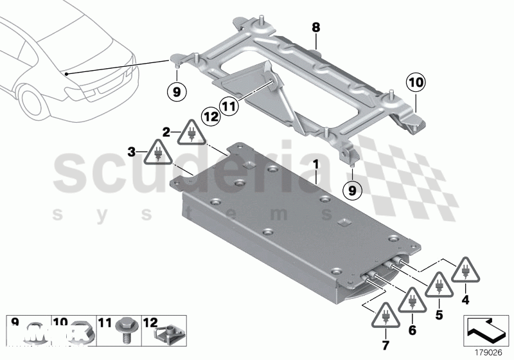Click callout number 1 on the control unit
tap(315, 165)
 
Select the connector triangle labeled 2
tap(191, 134)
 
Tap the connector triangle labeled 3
tap(157, 155)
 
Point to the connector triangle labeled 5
tap(439, 285)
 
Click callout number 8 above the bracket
tap(315, 28)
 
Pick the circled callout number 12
tap(211, 116)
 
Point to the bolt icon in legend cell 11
tap(125, 333)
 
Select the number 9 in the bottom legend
tap(15, 321)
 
